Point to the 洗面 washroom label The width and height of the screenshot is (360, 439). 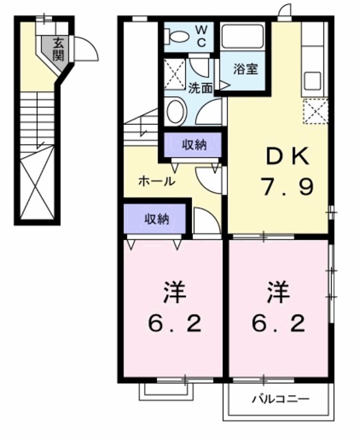[200, 88]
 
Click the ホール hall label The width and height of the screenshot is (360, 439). [156, 182]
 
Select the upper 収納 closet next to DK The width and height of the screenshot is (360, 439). [193, 145]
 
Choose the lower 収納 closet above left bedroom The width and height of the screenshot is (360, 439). [156, 219]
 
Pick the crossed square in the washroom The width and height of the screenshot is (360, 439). [176, 73]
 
